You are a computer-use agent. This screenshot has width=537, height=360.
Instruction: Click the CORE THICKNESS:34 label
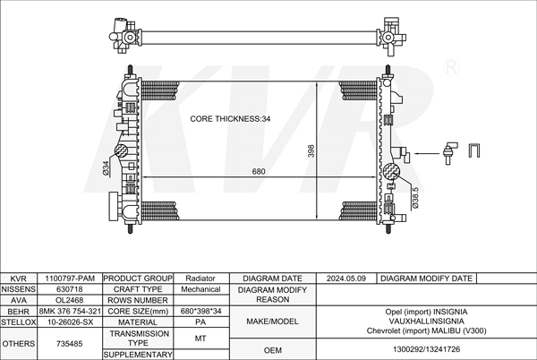click(230, 119)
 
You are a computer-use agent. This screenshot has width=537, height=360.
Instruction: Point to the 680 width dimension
click(259, 171)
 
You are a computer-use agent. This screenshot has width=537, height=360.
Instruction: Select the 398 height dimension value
click(311, 151)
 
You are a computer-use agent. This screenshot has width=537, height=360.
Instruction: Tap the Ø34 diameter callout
click(107, 168)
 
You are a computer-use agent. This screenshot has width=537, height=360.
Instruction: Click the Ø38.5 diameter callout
click(415, 198)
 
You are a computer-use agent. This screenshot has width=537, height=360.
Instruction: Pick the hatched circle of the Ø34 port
click(121, 150)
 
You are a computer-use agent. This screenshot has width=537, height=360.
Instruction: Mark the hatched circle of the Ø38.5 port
click(391, 172)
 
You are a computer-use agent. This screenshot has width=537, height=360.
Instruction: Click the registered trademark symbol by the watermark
click(451, 67)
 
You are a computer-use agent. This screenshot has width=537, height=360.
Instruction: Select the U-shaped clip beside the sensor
click(474, 150)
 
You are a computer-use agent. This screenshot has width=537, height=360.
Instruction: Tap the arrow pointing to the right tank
click(427, 153)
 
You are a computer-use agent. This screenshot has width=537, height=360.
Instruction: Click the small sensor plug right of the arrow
click(449, 153)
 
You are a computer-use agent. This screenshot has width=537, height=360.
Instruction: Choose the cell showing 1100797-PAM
click(70, 279)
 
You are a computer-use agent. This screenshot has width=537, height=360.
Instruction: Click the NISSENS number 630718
click(70, 289)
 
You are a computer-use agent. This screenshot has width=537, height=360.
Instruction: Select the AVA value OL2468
click(70, 300)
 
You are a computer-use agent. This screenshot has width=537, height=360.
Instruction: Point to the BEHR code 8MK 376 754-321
click(70, 312)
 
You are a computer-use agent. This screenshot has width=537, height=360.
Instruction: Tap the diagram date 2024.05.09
click(346, 279)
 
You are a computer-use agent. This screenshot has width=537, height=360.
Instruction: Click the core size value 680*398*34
click(201, 312)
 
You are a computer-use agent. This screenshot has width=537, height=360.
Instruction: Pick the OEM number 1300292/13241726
click(426, 350)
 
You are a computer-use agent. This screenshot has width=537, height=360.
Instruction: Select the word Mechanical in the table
click(200, 289)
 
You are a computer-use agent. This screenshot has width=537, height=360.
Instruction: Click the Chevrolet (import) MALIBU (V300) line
click(426, 330)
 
